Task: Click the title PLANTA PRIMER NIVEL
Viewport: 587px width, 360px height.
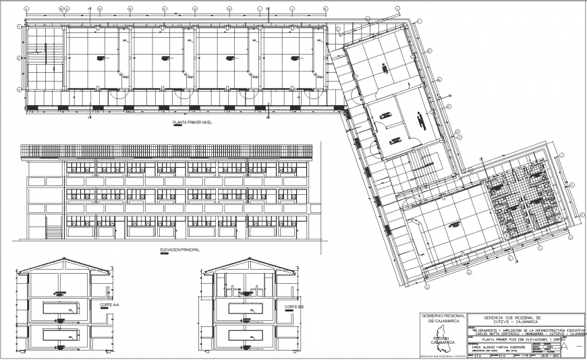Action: [x=192, y=123]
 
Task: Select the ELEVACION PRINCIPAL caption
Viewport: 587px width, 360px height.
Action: [x=181, y=249]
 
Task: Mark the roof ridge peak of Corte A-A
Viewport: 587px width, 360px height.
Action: [x=65, y=258]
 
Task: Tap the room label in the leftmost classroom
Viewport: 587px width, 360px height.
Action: [x=99, y=58]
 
